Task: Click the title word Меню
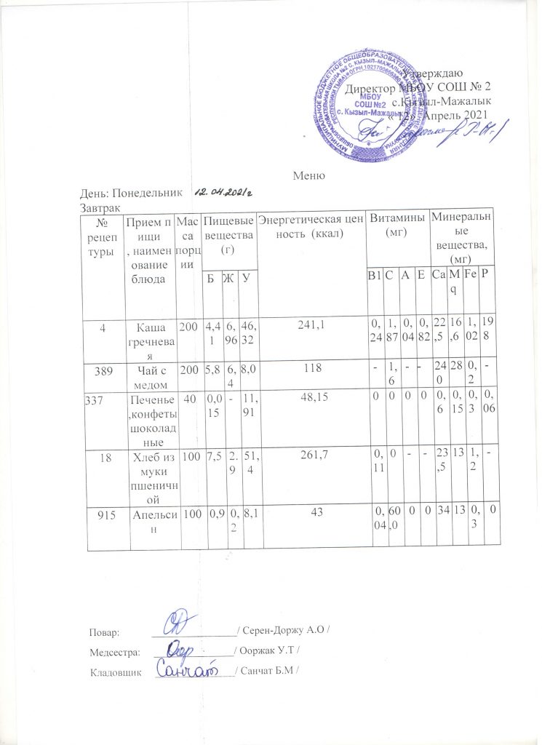tap(308, 175)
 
